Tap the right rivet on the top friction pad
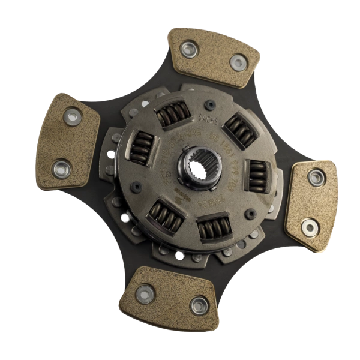coord(238,61)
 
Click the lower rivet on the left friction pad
coord(61,166)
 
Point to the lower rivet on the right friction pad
coord(309,227)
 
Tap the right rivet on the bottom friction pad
coord(197,305)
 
